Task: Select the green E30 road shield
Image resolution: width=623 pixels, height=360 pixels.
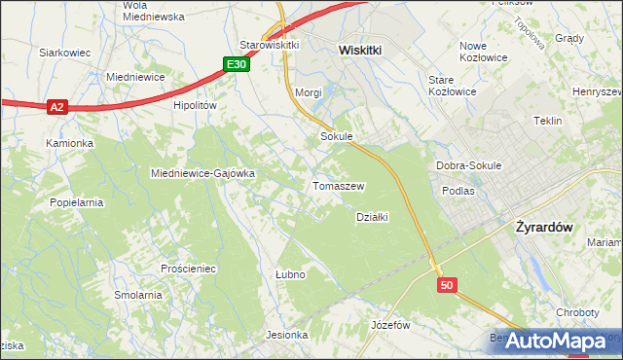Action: (x=236, y=64)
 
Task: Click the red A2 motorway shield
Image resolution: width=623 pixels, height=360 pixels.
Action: (x=56, y=107)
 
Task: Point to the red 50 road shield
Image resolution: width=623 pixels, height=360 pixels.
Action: (x=447, y=285)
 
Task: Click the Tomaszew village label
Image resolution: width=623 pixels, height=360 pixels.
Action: (x=338, y=185)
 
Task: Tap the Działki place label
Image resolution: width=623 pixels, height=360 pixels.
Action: (x=373, y=217)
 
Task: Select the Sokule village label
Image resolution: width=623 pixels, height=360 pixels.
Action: (x=336, y=137)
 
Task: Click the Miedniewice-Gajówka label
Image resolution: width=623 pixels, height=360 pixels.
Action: (x=202, y=173)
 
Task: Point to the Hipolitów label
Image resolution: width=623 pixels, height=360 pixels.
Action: (x=194, y=105)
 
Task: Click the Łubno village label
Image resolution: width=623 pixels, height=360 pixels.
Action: (x=290, y=274)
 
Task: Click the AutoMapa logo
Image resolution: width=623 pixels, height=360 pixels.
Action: (x=555, y=341)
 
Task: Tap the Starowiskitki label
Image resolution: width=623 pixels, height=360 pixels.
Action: (x=269, y=45)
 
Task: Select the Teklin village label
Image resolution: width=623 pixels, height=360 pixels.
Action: (x=548, y=121)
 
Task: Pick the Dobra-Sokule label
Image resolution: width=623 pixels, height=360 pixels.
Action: (x=468, y=165)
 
